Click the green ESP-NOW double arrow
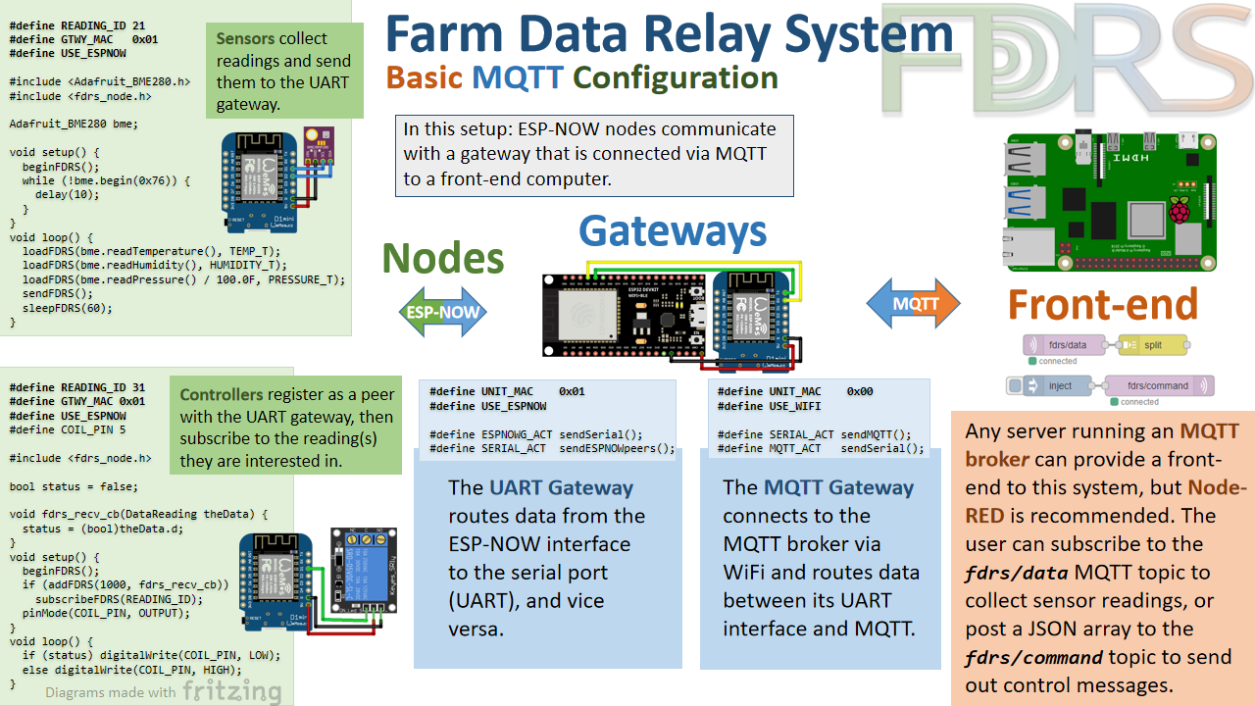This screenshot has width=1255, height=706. click(x=443, y=313)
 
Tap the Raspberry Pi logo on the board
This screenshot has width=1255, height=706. click(x=1178, y=209)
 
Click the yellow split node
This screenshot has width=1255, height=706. click(x=1153, y=345)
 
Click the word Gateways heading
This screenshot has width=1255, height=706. click(x=673, y=231)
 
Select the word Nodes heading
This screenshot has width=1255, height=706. click(x=442, y=258)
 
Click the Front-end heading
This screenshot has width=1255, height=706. click(x=1103, y=304)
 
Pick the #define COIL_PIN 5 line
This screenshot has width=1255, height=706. click(x=68, y=429)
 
